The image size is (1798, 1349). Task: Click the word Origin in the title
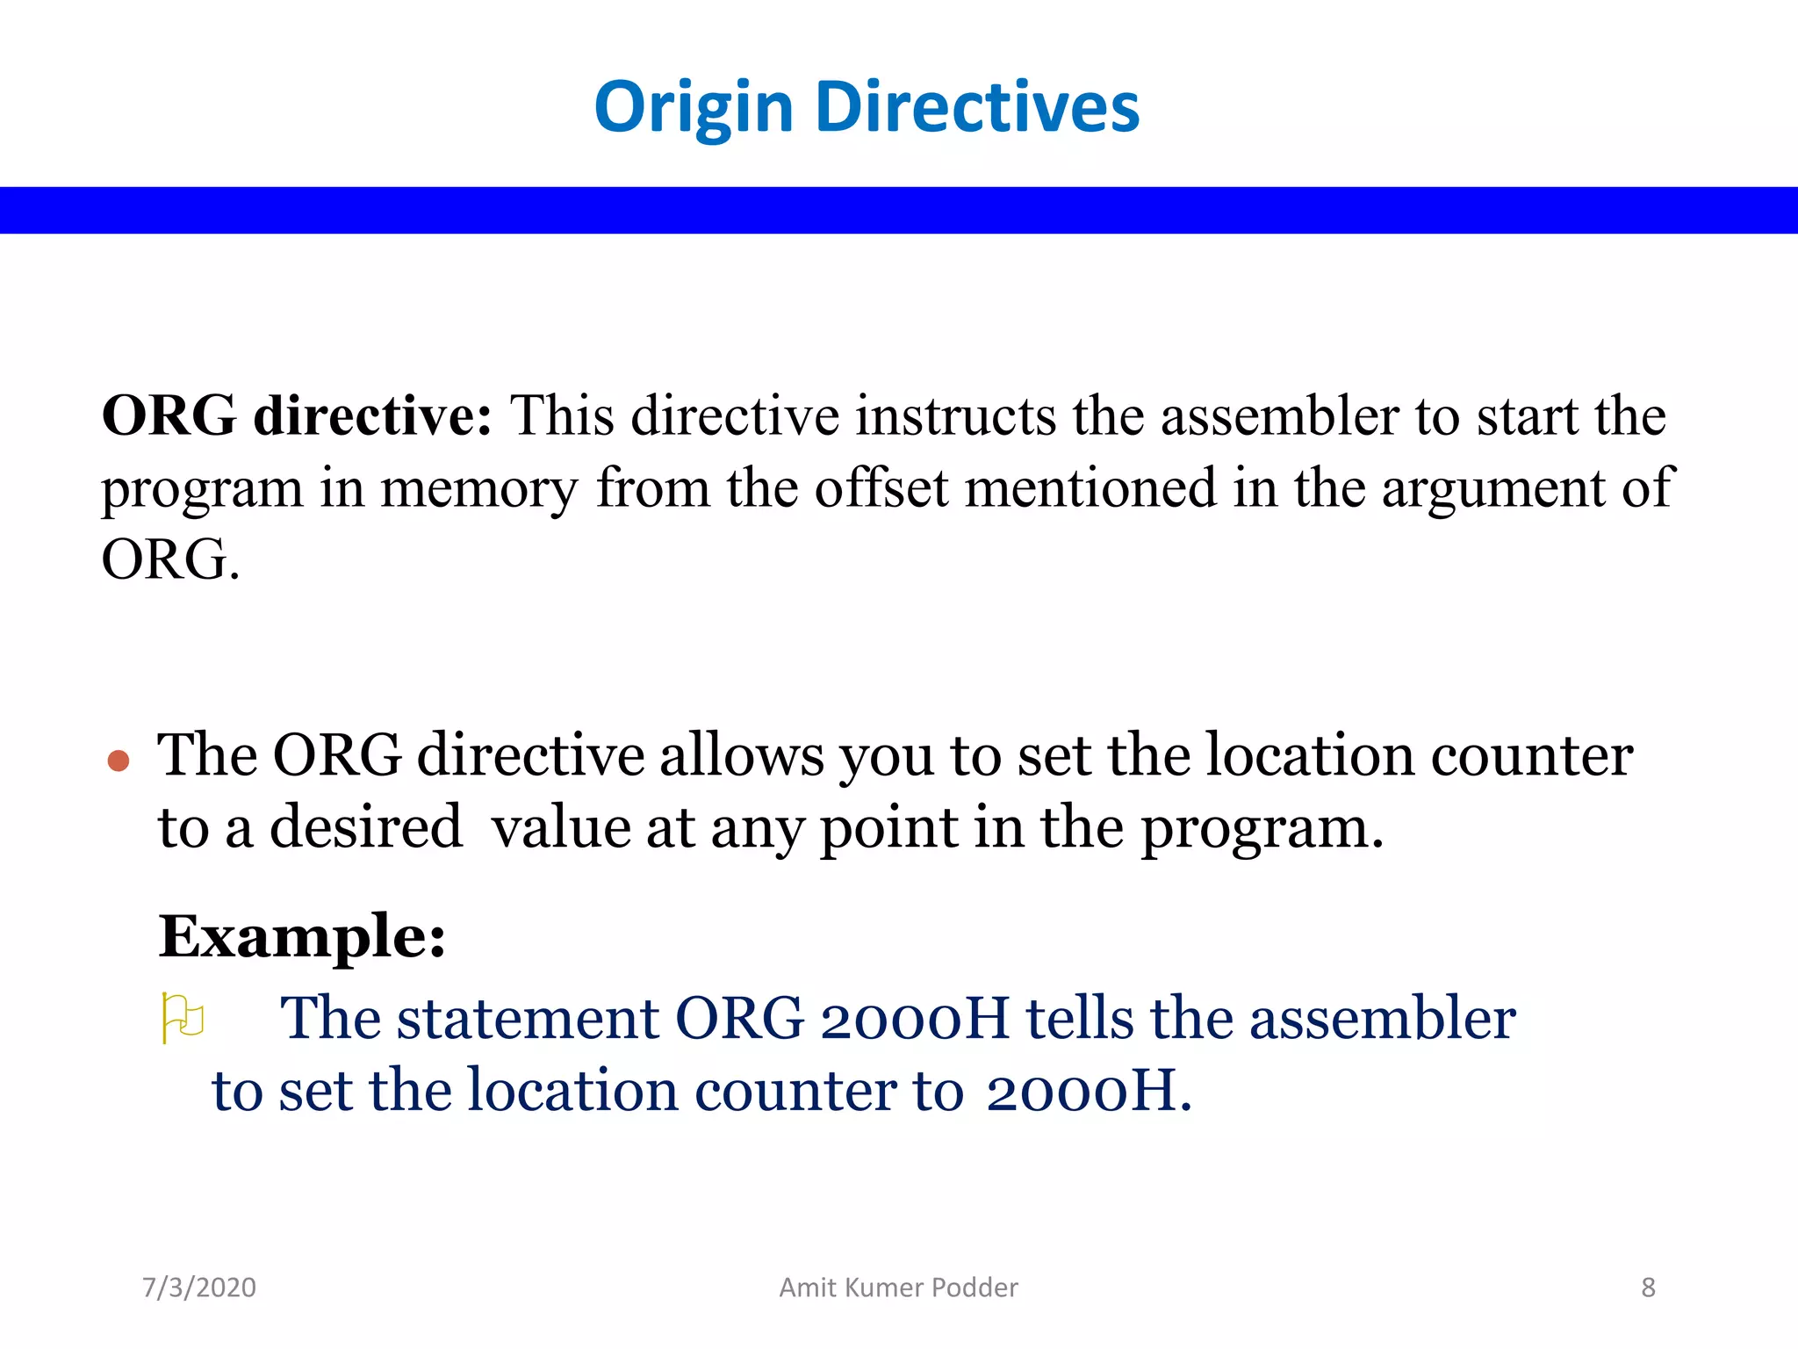point(694,107)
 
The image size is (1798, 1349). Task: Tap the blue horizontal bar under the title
point(899,210)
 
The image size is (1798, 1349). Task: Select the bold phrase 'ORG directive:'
point(297,415)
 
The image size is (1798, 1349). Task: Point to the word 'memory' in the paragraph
point(479,489)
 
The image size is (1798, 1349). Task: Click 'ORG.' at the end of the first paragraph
point(170,559)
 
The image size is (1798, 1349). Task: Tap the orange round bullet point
point(119,760)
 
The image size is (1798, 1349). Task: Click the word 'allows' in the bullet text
point(741,755)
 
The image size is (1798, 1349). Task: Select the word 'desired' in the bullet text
point(365,827)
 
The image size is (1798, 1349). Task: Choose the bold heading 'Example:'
point(302,936)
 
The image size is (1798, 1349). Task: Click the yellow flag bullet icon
point(183,1018)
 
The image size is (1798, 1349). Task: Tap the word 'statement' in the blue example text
point(527,1019)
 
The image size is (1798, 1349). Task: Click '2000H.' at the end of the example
point(1089,1091)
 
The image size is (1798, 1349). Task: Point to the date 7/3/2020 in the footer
point(199,1288)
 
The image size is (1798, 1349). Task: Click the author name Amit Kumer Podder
point(898,1288)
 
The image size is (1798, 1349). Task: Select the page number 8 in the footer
point(1648,1288)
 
